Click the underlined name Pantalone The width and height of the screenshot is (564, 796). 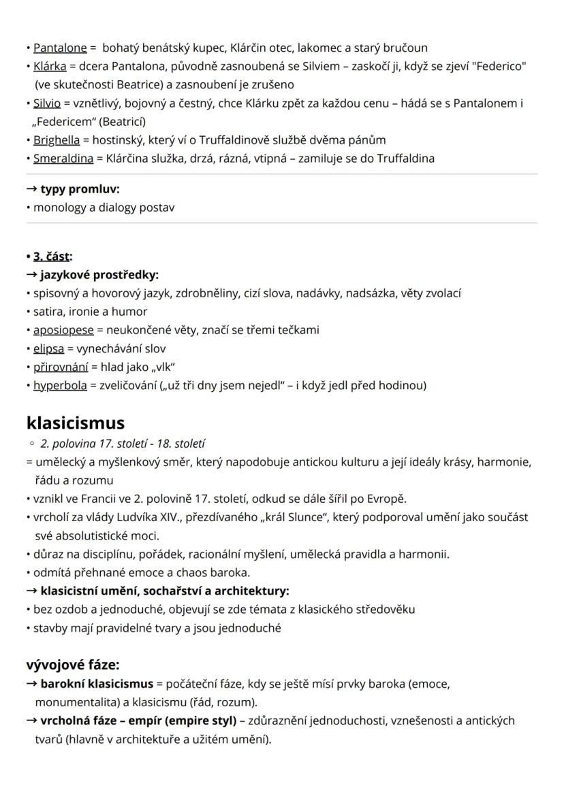pyautogui.click(x=60, y=48)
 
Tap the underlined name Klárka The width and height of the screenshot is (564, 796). pyautogui.click(x=49, y=67)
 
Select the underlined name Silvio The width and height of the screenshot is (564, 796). pyautogui.click(x=47, y=103)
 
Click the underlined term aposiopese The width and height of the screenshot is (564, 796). pyautogui.click(x=63, y=330)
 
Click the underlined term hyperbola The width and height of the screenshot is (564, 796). pyautogui.click(x=60, y=385)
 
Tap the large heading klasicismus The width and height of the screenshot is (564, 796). pyautogui.click(x=75, y=423)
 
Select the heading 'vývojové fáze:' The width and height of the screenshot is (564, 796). pyautogui.click(x=72, y=665)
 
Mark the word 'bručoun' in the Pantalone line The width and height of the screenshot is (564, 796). pyautogui.click(x=407, y=48)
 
